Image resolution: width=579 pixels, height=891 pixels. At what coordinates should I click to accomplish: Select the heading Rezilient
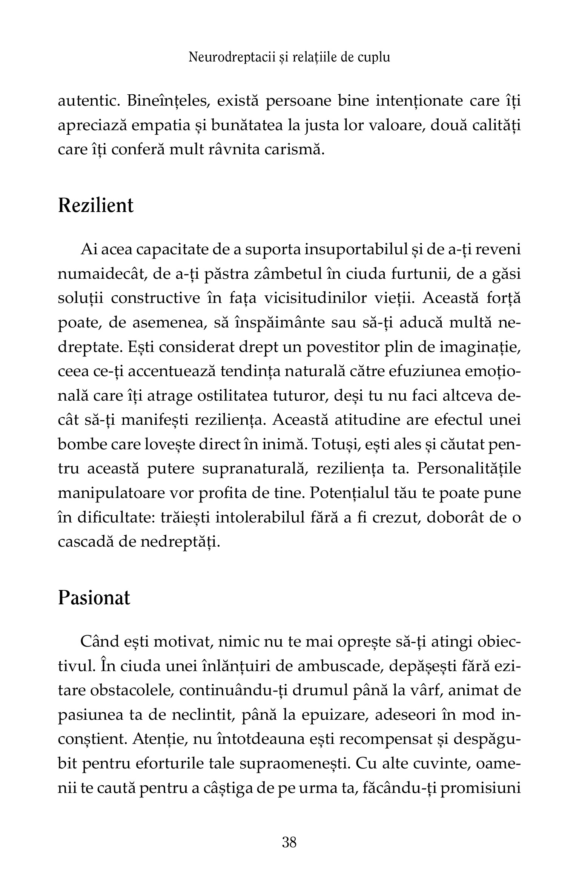[96, 206]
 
